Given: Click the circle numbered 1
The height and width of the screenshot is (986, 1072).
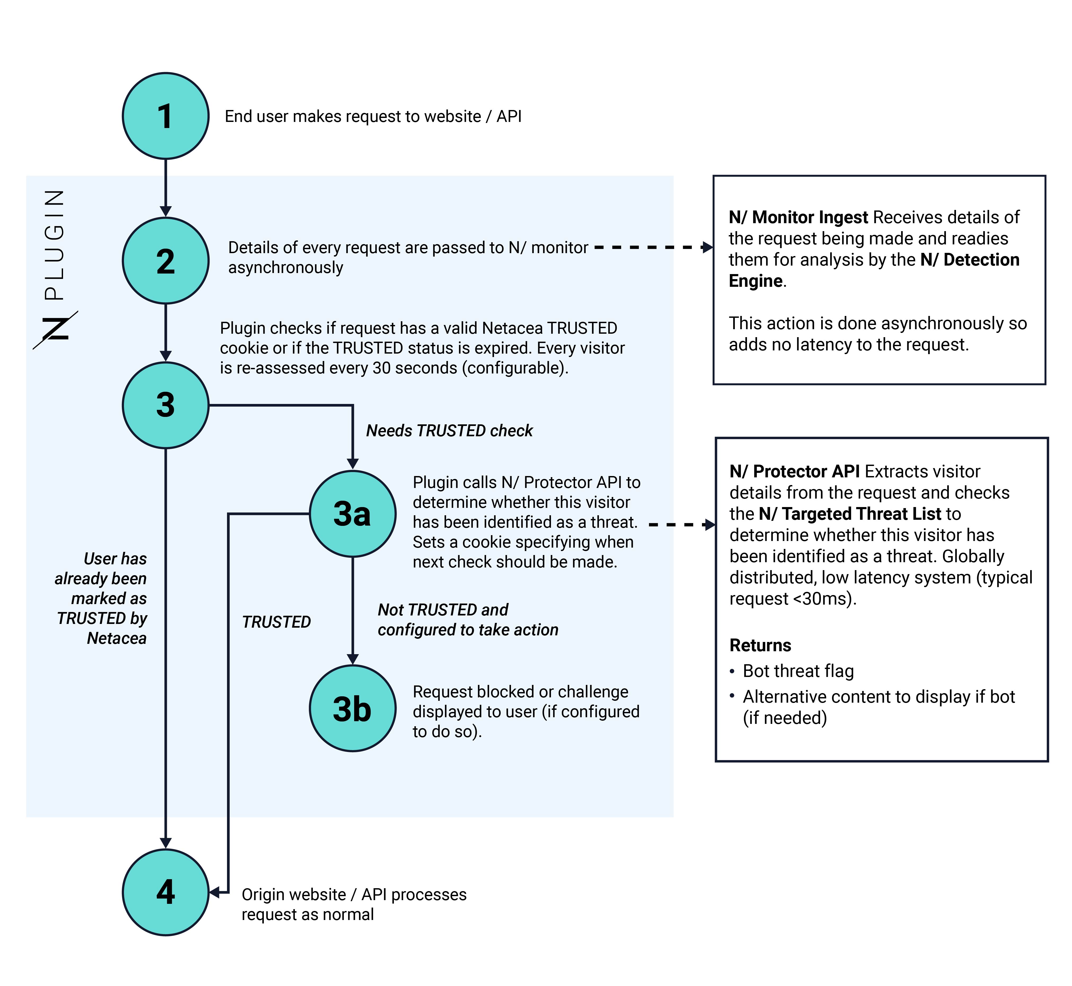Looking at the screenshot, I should (165, 116).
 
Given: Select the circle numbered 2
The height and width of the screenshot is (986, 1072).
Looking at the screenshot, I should (165, 261).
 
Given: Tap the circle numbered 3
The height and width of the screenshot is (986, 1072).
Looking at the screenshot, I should (165, 405).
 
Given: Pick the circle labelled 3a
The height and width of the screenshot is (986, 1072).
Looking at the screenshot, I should (353, 514).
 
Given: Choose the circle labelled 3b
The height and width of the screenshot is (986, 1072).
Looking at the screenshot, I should (353, 708).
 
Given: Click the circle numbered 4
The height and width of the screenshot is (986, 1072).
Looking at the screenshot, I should (165, 892).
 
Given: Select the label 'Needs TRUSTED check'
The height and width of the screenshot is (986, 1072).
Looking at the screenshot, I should (449, 430).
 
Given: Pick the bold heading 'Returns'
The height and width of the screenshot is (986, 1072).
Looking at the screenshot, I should (760, 645).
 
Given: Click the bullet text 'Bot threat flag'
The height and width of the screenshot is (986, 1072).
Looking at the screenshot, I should (798, 671).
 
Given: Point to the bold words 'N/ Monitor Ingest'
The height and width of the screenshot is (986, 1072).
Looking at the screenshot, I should (798, 217).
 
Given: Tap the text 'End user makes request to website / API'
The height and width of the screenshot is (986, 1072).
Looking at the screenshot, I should (373, 116).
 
